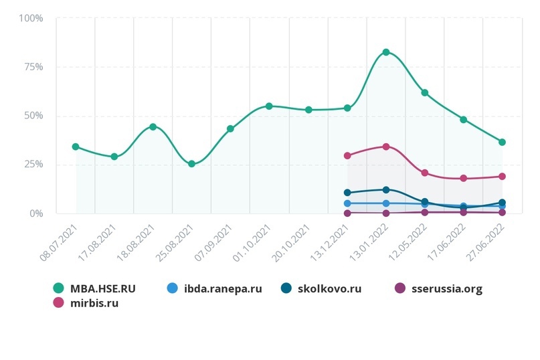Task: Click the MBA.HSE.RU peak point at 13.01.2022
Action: tap(386, 52)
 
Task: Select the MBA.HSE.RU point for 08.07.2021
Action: tap(76, 147)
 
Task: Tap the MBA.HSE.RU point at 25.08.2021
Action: tap(191, 164)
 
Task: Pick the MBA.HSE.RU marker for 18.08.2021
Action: tap(153, 126)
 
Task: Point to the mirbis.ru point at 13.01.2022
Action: tap(386, 147)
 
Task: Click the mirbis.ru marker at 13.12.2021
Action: tap(347, 156)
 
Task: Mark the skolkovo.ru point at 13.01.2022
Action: tap(386, 190)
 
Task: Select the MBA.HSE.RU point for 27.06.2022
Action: tap(502, 142)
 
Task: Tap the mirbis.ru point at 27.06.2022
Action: tap(502, 177)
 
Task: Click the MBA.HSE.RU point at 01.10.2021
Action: tap(269, 106)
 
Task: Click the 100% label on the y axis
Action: tap(31, 18)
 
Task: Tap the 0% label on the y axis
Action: tap(35, 213)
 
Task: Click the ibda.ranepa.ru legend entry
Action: tap(221, 289)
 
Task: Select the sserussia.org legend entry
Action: tap(446, 289)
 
